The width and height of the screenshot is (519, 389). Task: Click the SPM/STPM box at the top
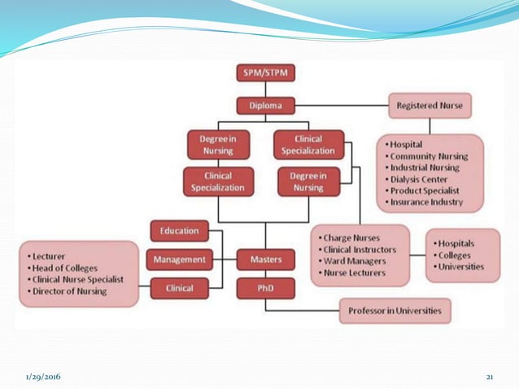click(265, 73)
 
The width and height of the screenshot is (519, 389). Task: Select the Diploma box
click(265, 105)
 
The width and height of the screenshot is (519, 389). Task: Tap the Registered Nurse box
click(430, 105)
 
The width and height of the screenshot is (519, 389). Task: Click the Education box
click(179, 230)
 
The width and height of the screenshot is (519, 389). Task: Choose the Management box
click(179, 260)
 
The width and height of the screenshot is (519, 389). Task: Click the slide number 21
click(490, 377)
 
